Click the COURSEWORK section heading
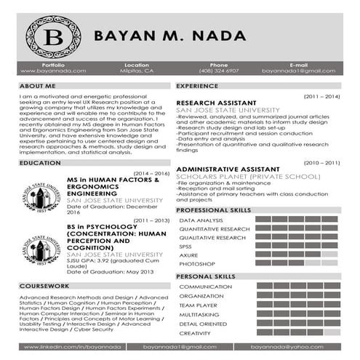click(x=44, y=286)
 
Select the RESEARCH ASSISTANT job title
click(x=216, y=103)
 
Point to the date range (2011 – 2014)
click(x=321, y=96)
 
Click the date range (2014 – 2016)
click(x=152, y=173)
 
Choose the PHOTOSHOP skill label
click(x=196, y=263)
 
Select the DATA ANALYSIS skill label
click(x=201, y=220)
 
